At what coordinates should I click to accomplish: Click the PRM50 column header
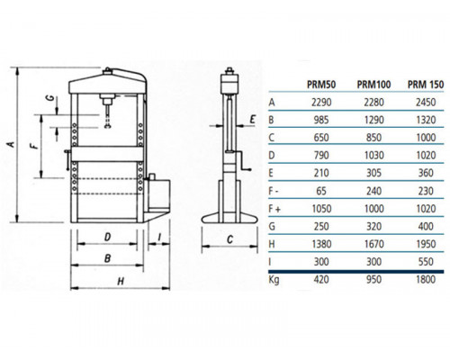(x=321, y=85)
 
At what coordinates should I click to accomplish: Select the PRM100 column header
(x=373, y=85)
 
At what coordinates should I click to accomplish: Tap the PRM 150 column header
(x=426, y=85)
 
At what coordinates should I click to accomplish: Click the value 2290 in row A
(x=321, y=103)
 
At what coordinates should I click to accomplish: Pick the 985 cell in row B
(x=321, y=121)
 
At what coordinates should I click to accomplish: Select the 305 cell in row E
(x=373, y=173)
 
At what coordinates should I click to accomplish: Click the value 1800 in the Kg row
(x=426, y=279)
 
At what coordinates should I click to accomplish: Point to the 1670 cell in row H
(x=373, y=244)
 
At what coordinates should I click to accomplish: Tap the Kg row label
(x=274, y=280)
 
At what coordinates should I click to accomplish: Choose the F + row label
(x=274, y=209)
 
